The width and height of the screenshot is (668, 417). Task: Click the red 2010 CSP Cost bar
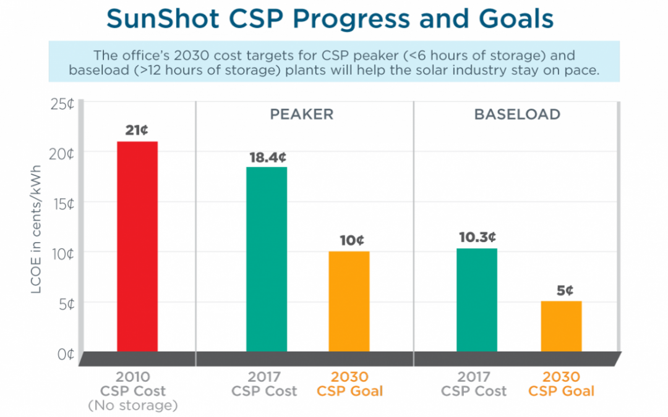(x=137, y=247)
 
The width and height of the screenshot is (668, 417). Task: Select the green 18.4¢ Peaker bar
(x=266, y=259)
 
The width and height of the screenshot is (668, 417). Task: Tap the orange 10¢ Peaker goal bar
(x=349, y=301)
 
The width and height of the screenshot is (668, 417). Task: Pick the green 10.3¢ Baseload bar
(x=476, y=300)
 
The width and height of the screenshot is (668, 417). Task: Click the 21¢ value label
(x=137, y=130)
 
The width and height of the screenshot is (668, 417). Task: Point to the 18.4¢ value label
(x=266, y=157)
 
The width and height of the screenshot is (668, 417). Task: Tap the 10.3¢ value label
(x=476, y=237)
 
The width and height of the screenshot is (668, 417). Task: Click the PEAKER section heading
(x=301, y=115)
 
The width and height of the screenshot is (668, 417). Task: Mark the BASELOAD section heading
(x=517, y=115)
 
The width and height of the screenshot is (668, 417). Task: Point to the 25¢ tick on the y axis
(x=62, y=103)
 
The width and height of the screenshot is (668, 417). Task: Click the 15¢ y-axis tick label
(x=62, y=204)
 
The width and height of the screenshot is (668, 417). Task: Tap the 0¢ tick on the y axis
(x=65, y=355)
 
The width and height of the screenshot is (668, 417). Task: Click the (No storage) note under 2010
(x=132, y=406)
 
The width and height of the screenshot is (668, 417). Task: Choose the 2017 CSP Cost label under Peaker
(x=264, y=384)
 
